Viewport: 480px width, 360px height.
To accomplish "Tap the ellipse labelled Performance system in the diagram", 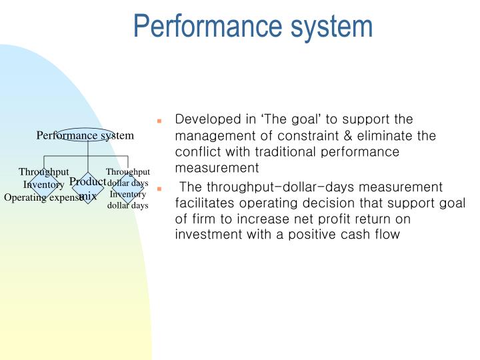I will pyautogui.click(x=85, y=135).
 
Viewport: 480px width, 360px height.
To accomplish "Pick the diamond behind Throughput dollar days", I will pyautogui.click(x=128, y=188).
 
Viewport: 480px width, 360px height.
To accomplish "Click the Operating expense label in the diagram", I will pyautogui.click(x=43, y=198).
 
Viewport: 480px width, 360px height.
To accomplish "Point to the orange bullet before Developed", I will pyautogui.click(x=160, y=121).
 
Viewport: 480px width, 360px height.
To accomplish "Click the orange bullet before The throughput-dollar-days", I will pyautogui.click(x=160, y=189).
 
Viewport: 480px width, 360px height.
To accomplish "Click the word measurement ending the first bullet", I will pyautogui.click(x=216, y=169).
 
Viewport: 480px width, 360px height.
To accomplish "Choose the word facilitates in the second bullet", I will pyautogui.click(x=203, y=203).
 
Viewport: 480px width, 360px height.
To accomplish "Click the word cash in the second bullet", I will pyautogui.click(x=375, y=235).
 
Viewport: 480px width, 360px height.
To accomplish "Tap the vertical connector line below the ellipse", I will pyautogui.click(x=88, y=157).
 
